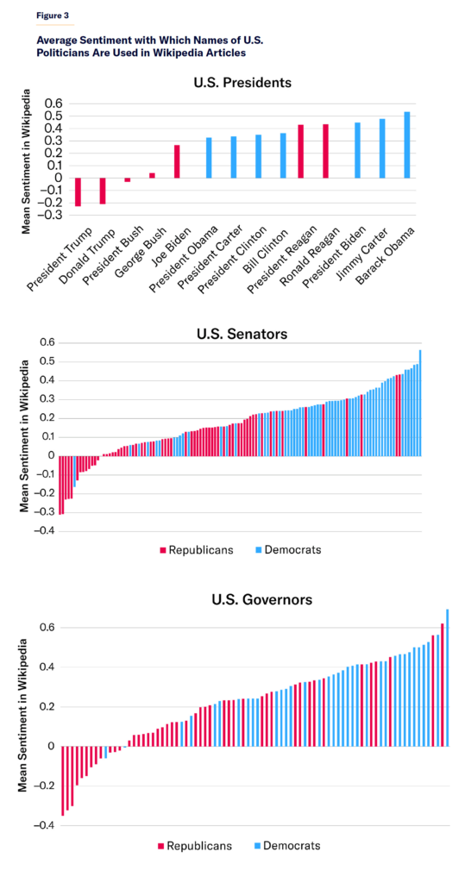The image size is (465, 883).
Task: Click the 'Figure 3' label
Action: click(x=51, y=15)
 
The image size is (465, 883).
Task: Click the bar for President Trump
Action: click(x=78, y=192)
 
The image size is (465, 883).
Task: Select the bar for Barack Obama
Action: click(x=407, y=145)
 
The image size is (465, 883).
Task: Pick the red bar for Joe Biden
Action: click(x=177, y=161)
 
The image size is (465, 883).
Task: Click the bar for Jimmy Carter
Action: click(x=382, y=148)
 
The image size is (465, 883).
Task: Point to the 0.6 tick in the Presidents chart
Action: click(x=54, y=103)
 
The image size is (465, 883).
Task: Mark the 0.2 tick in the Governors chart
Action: click(x=44, y=707)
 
